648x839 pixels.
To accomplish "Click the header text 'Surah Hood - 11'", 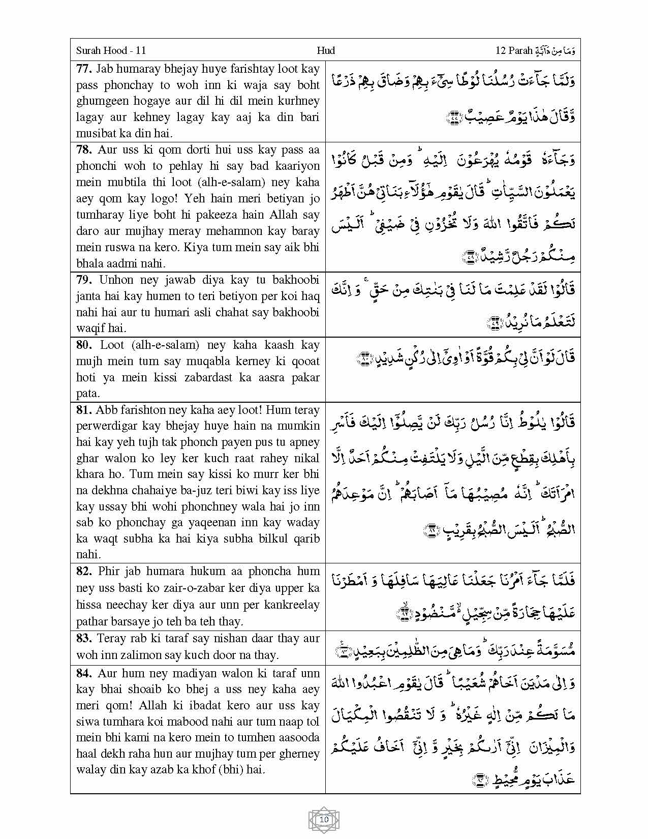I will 111,50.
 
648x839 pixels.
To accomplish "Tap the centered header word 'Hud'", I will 325,50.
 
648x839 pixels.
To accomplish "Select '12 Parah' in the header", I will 513,50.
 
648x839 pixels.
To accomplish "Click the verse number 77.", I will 84,69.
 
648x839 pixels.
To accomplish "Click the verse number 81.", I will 84,410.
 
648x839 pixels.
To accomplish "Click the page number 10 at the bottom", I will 324,820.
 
